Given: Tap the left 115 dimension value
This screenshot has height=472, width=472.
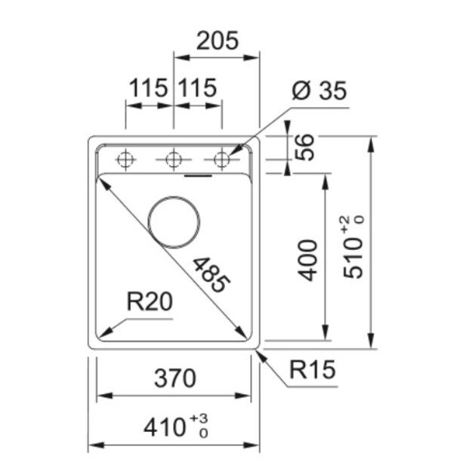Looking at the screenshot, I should (x=148, y=88).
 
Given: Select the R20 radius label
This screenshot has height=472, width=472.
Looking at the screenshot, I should (x=150, y=303).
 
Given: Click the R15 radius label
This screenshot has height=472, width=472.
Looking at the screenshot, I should (x=312, y=371).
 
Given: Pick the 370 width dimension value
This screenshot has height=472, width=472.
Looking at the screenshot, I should (x=174, y=377).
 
